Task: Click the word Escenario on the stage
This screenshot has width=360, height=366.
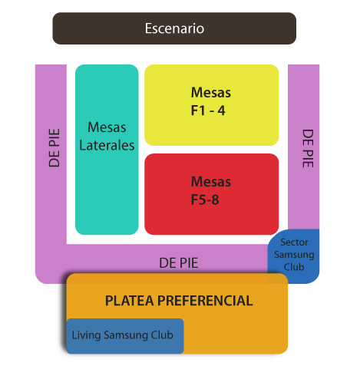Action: (x=174, y=28)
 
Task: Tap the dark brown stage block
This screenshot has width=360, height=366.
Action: (x=174, y=28)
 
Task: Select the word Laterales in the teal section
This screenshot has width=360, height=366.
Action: (x=107, y=145)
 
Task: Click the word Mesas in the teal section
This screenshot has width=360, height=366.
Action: (x=107, y=127)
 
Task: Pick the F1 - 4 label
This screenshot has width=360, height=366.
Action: (x=208, y=110)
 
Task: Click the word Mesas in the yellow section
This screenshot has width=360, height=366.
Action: (x=211, y=92)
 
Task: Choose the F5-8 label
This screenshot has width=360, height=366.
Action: (x=205, y=199)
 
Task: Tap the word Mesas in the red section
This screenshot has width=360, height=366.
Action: (x=211, y=182)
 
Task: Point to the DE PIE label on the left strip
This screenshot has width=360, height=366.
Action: (x=54, y=148)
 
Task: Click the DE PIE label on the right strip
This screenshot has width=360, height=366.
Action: (x=308, y=148)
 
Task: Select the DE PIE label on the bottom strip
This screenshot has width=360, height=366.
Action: (x=179, y=263)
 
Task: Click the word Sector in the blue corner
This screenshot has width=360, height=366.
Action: (x=294, y=242)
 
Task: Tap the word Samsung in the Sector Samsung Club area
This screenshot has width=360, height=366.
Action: (x=294, y=255)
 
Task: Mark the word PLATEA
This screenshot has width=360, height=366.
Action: (x=129, y=301)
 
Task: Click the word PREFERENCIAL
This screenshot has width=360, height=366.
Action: (x=205, y=301)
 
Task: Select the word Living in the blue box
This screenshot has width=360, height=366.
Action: (x=86, y=335)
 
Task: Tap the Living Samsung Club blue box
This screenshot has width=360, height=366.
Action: (x=125, y=336)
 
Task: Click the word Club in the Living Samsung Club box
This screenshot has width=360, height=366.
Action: (x=162, y=335)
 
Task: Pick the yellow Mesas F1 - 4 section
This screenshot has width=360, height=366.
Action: (x=212, y=105)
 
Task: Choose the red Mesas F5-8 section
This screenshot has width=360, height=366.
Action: (x=212, y=194)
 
